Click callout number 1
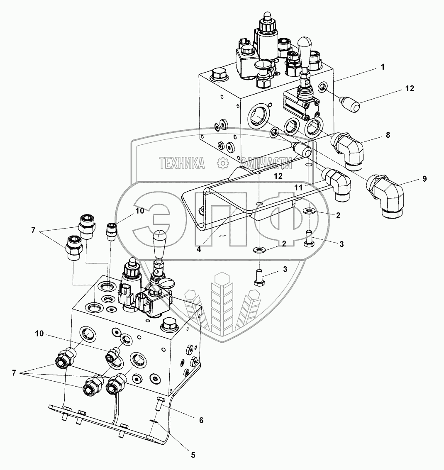(383, 67)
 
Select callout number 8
(388, 135)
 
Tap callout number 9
(424, 179)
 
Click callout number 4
(199, 249)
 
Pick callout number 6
(201, 420)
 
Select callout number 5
(193, 455)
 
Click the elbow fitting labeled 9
(383, 195)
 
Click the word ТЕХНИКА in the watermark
(182, 163)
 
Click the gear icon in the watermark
(223, 163)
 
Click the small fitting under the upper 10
(112, 231)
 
